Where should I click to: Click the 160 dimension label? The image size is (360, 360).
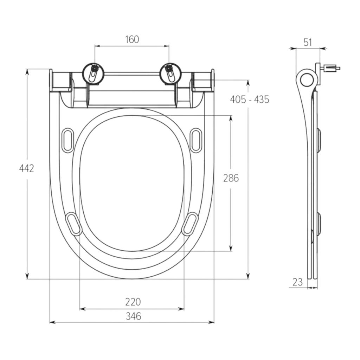[x=132, y=39]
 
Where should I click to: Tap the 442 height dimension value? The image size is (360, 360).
[x=26, y=168]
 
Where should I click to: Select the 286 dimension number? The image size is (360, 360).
[x=231, y=178]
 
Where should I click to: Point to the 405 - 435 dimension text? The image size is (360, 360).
[x=250, y=99]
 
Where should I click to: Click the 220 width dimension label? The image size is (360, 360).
[x=133, y=302]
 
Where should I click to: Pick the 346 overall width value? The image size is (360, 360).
[x=133, y=316]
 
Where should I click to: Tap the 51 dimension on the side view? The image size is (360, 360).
[x=308, y=43]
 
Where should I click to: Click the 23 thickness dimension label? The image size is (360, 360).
[x=297, y=282]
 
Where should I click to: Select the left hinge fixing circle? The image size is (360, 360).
[x=93, y=73]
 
